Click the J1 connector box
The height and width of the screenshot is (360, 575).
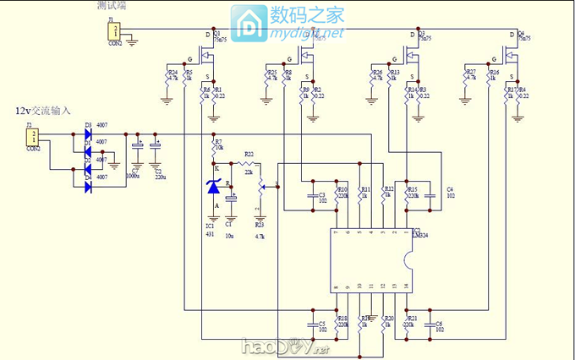tap(112, 31)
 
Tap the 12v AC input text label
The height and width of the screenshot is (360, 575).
tap(43, 111)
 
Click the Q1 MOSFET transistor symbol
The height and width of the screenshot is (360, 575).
tap(209, 56)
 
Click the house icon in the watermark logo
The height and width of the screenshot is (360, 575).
tap(251, 25)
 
